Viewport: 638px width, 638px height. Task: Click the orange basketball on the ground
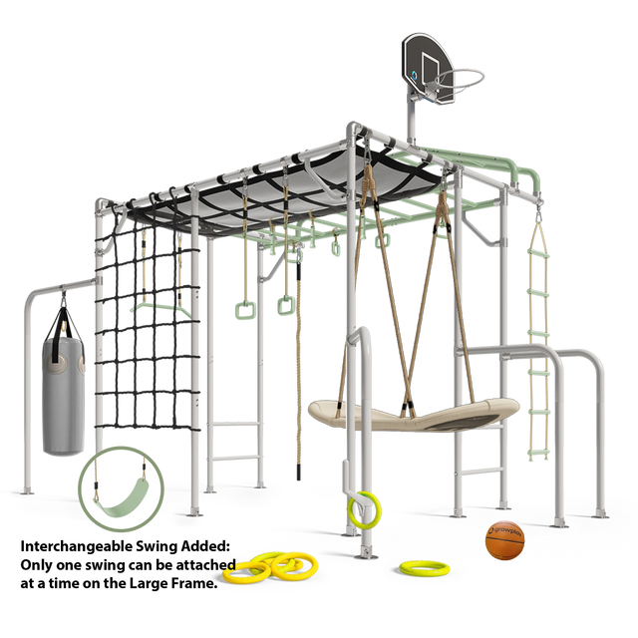pyautogui.click(x=504, y=540)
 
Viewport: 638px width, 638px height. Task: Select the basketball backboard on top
pyautogui.click(x=428, y=68)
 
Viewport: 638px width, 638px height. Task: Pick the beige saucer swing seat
pyautogui.click(x=413, y=415)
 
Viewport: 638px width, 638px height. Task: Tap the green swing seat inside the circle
pyautogui.click(x=122, y=499)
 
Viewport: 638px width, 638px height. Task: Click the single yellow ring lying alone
pyautogui.click(x=424, y=568)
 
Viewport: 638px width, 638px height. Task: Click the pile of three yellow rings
pyautogui.click(x=270, y=566)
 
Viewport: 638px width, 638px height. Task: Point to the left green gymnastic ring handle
pyautogui.click(x=245, y=310)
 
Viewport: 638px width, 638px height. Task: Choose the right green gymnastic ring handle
pyautogui.click(x=286, y=306)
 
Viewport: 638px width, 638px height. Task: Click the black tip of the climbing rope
pyautogui.click(x=299, y=472)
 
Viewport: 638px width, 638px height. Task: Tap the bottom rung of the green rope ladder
pyautogui.click(x=538, y=452)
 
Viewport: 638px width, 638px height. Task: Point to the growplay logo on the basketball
pyautogui.click(x=505, y=530)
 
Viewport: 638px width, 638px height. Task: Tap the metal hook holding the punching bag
pyautogui.click(x=64, y=299)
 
